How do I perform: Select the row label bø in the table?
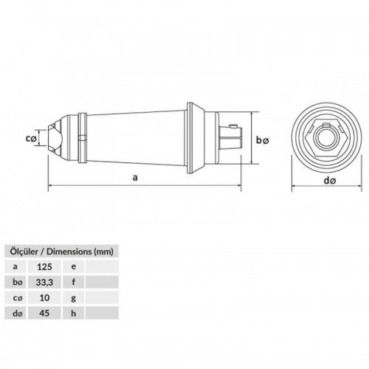[16, 282]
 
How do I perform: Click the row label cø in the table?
[16, 298]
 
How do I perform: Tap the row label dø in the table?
[16, 314]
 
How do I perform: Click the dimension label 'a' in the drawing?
[135, 177]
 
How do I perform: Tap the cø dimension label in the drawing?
[31, 137]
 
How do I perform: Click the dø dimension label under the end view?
[330, 179]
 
